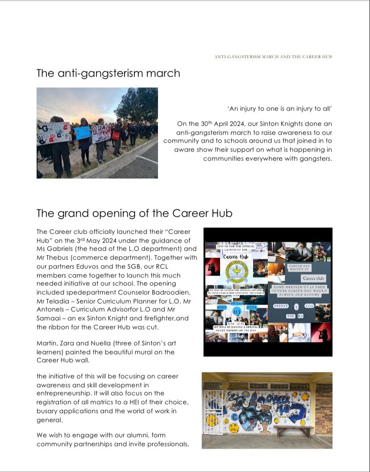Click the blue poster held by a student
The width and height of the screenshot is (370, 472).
83,132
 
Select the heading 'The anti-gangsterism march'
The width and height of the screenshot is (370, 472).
108,73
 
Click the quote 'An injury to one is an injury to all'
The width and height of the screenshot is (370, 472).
280,108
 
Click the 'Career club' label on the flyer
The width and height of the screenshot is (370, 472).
313,278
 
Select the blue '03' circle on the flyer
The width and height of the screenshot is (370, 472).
237,311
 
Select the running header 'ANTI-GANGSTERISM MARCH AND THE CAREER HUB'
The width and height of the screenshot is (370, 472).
273,57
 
